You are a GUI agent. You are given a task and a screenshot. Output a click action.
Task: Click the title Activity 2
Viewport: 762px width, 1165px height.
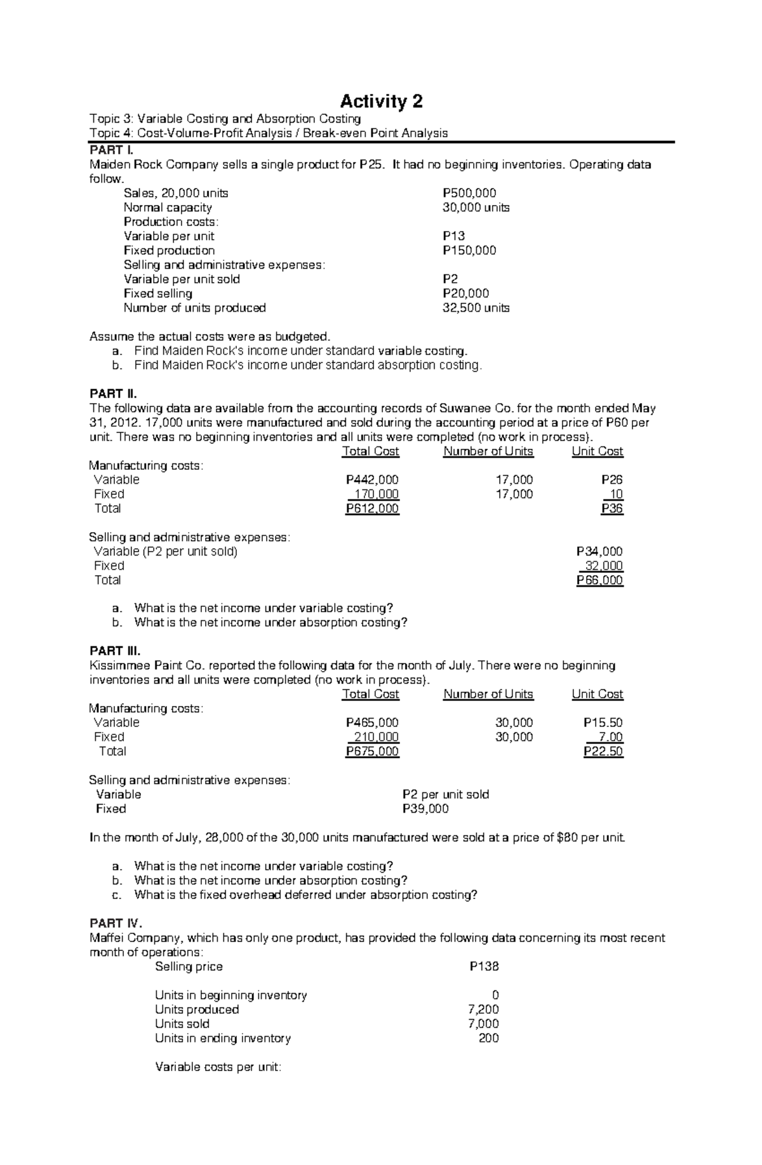(381, 102)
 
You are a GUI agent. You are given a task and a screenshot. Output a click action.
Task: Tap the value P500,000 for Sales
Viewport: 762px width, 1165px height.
(469, 193)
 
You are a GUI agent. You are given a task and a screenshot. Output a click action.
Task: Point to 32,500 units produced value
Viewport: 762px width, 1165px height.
(476, 308)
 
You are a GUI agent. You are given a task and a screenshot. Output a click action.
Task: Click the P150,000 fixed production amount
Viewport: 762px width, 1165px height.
(469, 250)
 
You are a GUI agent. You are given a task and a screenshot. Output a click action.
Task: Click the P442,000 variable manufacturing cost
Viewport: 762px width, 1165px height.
(372, 480)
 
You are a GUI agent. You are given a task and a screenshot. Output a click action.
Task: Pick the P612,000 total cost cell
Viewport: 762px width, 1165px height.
(372, 509)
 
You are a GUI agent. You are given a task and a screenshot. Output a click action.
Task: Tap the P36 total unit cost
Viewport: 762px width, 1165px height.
(612, 509)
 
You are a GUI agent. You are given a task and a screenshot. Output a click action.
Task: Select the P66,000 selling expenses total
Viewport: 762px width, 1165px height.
(599, 580)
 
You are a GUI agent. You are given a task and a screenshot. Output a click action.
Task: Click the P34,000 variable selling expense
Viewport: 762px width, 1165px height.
(599, 552)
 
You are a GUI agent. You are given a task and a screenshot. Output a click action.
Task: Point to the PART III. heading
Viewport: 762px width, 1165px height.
(115, 651)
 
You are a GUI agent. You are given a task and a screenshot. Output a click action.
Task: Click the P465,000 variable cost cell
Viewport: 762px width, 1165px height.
(372, 722)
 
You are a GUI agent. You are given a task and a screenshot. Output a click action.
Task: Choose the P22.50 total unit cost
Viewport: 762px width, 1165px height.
(603, 752)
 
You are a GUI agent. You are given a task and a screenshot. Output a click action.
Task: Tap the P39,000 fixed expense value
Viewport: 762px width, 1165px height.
(425, 809)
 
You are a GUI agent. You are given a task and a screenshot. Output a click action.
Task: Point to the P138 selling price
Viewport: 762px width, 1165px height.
(484, 966)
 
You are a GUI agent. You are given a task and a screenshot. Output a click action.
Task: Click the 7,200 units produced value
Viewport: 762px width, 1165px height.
(486, 1009)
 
